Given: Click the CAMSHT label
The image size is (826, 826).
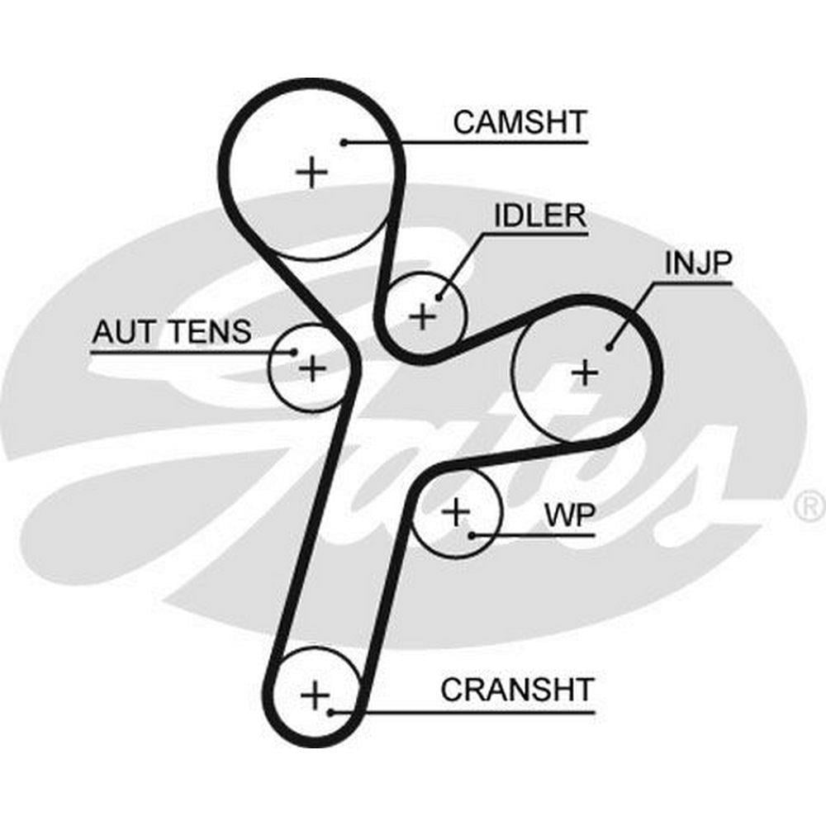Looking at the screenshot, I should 520,122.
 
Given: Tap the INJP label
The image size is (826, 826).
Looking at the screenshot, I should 698,264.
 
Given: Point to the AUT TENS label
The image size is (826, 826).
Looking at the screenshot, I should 171,332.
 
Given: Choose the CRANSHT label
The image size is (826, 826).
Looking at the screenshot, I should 517,690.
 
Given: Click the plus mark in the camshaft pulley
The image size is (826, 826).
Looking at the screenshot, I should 311,173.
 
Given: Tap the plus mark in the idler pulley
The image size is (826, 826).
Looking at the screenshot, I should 422,316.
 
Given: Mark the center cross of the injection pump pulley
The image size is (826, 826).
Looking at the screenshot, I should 585,373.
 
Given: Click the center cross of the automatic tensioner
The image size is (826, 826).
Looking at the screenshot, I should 311,367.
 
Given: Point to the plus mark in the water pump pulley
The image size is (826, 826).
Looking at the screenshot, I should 455,513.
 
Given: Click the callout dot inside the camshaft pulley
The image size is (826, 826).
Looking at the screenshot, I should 343,142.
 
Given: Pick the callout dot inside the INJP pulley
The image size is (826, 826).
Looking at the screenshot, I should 610,348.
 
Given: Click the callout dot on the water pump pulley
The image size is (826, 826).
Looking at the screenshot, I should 472,534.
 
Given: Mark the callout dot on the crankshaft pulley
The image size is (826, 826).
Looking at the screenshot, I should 330,711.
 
